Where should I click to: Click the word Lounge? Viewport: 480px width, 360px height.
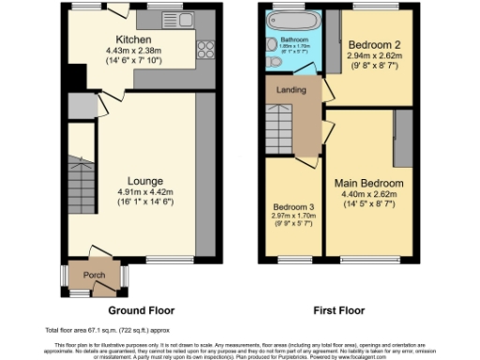coord(145,180)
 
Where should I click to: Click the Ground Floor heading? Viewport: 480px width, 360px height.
coord(141,310)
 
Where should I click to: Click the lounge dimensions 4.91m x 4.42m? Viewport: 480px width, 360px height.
coord(145,191)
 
